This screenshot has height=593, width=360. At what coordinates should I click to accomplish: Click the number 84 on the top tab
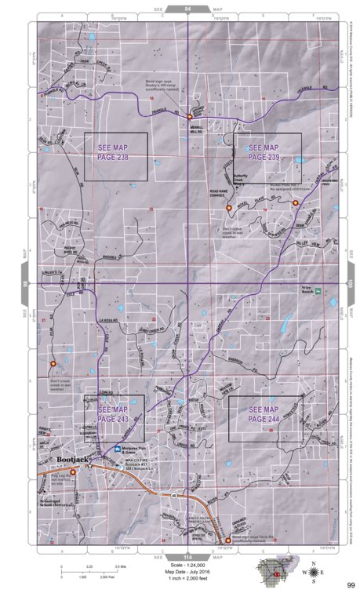point(187,9)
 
